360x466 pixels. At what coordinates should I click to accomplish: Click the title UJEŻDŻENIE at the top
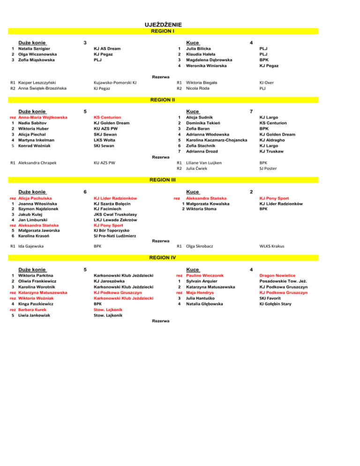(x=163, y=25)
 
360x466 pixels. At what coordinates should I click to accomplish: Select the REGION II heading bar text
(x=163, y=100)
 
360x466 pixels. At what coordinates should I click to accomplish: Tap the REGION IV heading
(x=163, y=257)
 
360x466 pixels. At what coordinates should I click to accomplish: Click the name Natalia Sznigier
(x=34, y=49)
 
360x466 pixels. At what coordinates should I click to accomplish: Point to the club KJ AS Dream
(x=107, y=49)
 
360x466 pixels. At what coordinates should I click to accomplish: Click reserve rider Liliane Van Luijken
(x=209, y=163)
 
